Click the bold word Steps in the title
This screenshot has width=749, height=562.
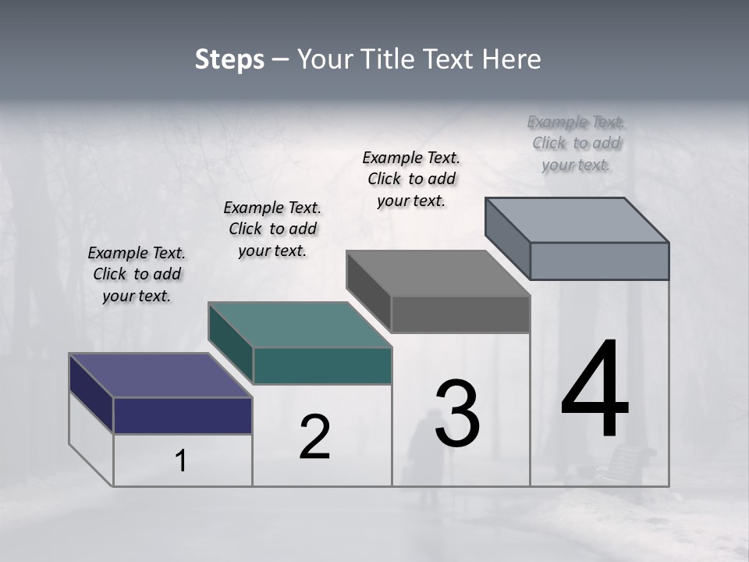tap(229, 59)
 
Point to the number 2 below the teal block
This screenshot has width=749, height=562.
tap(314, 437)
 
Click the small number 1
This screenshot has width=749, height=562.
tap(181, 461)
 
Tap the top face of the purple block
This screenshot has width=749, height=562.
tap(160, 375)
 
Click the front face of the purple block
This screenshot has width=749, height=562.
tap(183, 415)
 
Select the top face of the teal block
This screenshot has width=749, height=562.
tap(300, 325)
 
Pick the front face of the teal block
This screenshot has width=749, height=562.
tap(322, 365)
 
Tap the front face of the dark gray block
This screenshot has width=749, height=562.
tap(460, 314)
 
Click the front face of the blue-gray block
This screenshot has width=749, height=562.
tap(599, 261)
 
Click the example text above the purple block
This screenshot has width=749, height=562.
tap(137, 274)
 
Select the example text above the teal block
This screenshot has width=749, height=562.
tap(272, 229)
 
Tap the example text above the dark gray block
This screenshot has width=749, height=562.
tap(411, 179)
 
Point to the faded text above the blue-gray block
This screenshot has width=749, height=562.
tap(577, 143)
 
